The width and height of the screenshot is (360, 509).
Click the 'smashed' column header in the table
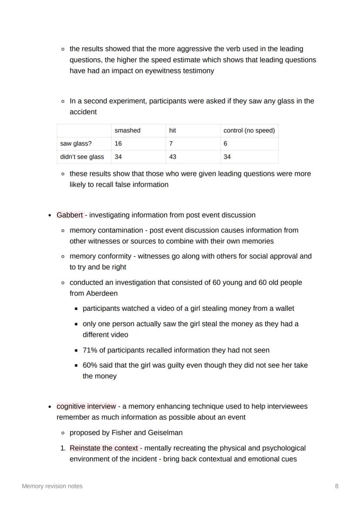coord(127,130)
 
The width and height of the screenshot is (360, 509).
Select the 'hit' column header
coord(173,130)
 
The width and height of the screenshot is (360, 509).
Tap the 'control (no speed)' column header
coord(249,130)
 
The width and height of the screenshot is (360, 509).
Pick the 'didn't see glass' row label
coord(82,157)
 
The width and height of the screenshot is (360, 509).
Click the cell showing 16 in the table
coord(119,143)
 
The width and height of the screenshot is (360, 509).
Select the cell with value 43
coord(173,157)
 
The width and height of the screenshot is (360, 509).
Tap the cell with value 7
coord(171,143)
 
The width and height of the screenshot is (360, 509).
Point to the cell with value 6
coord(225,143)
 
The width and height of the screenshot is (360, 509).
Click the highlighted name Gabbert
coord(70,215)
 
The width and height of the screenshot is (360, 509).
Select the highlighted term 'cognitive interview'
coord(86,406)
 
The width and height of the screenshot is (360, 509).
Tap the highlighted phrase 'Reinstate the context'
coord(103,448)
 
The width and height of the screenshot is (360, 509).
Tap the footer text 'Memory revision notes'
coord(52,486)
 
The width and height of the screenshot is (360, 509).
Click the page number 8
coord(337,486)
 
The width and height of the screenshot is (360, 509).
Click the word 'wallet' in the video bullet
coord(283,309)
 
